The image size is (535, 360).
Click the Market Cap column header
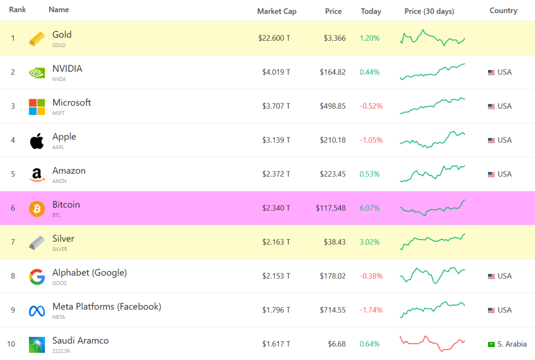(x=276, y=11)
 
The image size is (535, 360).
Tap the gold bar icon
(x=37, y=38)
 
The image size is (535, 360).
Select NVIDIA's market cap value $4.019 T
(x=276, y=72)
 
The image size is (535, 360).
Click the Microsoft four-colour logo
(x=37, y=107)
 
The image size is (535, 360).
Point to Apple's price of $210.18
(x=332, y=140)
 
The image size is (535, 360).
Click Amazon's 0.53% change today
(x=369, y=174)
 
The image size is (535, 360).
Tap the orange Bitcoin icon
(x=37, y=208)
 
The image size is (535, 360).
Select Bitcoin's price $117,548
(x=330, y=208)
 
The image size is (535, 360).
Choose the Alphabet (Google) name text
(x=89, y=272)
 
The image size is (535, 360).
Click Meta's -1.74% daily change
(x=371, y=310)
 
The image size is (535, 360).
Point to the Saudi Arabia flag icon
(x=491, y=344)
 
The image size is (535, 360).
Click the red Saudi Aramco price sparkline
(x=432, y=343)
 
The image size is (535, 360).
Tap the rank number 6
(x=13, y=208)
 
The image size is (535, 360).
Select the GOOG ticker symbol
(x=59, y=283)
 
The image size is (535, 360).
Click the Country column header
(x=503, y=10)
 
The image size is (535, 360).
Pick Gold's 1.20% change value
(x=369, y=38)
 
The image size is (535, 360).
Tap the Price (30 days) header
(x=429, y=11)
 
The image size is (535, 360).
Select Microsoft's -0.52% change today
(x=371, y=106)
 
